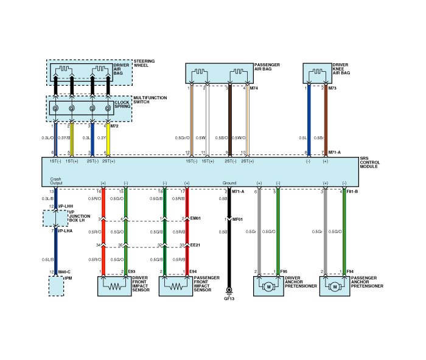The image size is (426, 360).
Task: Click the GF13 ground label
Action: point(229,299)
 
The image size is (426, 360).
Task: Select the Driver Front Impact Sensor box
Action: point(114,286)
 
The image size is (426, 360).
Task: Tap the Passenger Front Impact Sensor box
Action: point(175,286)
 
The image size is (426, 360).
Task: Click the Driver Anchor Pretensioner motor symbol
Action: point(268,286)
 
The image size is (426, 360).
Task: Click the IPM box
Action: point(56,286)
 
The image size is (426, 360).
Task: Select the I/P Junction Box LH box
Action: point(55,217)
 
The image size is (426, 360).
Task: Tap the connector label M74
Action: point(254,88)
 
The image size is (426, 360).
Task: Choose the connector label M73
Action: point(332,88)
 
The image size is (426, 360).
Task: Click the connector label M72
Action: point(114,126)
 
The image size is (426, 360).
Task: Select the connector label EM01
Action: point(195,219)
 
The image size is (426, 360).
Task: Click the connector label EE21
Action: point(195,245)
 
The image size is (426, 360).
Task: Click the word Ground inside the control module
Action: point(229,182)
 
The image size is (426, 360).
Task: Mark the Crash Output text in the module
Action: point(56,181)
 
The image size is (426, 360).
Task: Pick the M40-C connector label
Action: point(64,271)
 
